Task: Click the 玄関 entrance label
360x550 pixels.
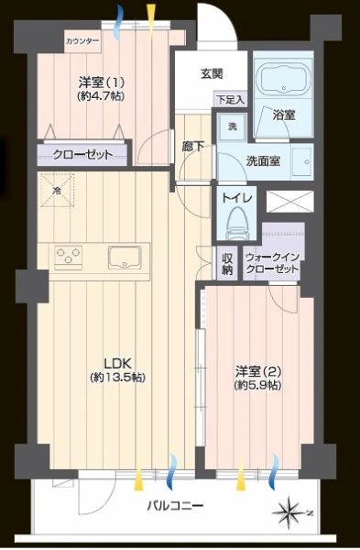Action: click(x=212, y=74)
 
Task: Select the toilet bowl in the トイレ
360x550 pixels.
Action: click(x=236, y=223)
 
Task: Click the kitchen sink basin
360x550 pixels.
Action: click(x=125, y=257)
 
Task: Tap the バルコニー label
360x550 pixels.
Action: click(x=175, y=505)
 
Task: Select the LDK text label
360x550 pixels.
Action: click(x=117, y=363)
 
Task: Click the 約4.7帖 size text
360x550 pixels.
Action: click(x=101, y=95)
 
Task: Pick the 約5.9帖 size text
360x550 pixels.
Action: click(x=257, y=385)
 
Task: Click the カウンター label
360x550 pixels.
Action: click(x=82, y=41)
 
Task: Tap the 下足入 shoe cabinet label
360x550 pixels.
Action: click(x=230, y=100)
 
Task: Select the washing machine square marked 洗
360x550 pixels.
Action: click(x=233, y=127)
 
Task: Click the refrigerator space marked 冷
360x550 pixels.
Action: click(x=57, y=191)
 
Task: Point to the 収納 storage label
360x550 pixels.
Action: click(x=227, y=264)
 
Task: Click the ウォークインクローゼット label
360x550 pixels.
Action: click(x=272, y=263)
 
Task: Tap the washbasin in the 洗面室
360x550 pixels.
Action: click(x=301, y=161)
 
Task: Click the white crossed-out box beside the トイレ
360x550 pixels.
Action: click(x=289, y=202)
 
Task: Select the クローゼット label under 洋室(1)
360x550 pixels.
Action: click(x=82, y=154)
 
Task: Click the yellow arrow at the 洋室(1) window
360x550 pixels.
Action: click(x=151, y=19)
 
